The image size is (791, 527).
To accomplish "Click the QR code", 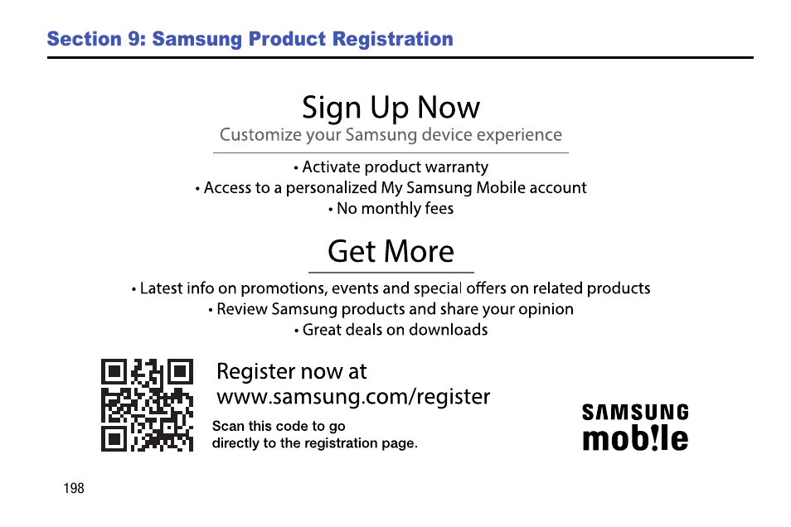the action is click(147, 405).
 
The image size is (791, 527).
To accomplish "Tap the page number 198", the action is click(74, 488).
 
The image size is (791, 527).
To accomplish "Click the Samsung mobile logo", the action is click(635, 427).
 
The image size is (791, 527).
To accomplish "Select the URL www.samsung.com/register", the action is click(353, 396).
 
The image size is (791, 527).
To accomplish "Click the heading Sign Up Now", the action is click(391, 108).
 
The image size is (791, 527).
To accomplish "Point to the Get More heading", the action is click(391, 251).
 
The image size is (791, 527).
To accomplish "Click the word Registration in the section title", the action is click(393, 39).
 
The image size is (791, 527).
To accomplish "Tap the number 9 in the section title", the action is click(136, 39).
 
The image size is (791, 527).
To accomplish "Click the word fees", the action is click(439, 208).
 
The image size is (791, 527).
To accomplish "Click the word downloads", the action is click(448, 330).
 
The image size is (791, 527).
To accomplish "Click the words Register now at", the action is click(292, 372).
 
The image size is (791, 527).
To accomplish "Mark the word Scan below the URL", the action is click(228, 426).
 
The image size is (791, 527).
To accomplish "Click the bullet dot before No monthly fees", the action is click(331, 210).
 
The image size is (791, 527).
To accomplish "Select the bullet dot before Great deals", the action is click(296, 331).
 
